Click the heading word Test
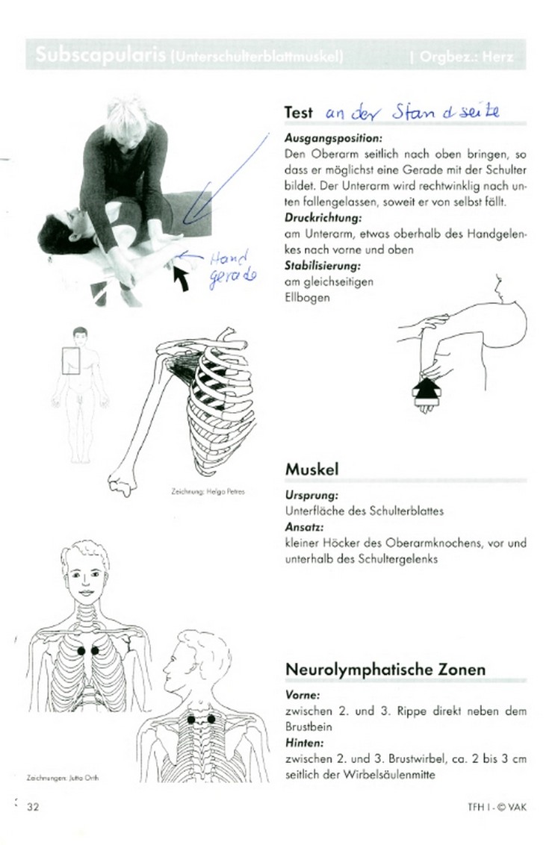coord(299,112)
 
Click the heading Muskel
coord(311,470)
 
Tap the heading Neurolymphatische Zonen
coord(385,670)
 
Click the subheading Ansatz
coord(303,527)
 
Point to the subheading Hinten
coord(304,743)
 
